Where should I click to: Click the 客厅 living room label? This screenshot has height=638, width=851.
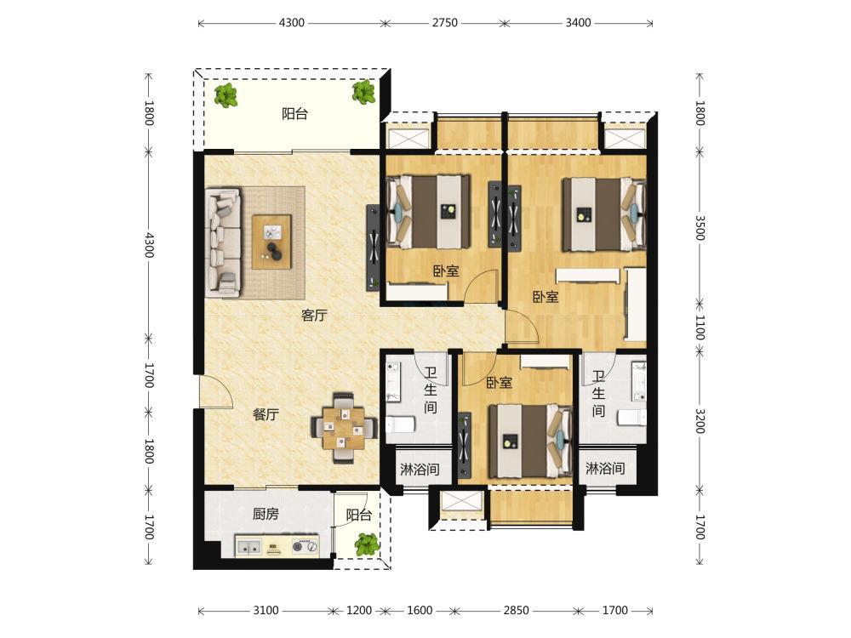pos(314,316)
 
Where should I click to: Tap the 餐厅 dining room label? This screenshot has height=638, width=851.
pos(266,415)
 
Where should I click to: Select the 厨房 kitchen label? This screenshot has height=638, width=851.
pos(266,513)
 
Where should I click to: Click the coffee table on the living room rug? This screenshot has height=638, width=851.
pos(271,242)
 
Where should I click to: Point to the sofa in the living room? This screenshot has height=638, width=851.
pos(223,242)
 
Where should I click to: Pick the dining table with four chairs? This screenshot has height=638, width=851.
pos(344,428)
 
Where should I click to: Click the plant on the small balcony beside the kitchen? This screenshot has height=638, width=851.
pos(366,544)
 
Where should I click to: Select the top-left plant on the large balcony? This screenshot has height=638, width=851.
pos(226,96)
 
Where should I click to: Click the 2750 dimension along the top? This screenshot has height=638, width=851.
pos(444,23)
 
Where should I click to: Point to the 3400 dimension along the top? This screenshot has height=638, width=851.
pos(578,23)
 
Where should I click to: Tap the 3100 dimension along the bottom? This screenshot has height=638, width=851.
pos(266,610)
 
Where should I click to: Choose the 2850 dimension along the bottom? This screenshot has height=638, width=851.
pos(516,610)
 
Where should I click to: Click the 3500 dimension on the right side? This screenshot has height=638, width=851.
pos(700,228)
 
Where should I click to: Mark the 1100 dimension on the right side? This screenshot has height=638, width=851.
pos(700,328)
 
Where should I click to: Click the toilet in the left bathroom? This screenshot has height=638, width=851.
pos(400,424)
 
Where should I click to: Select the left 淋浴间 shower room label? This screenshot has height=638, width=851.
pos(420,469)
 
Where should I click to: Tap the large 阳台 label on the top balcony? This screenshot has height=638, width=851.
pos(294,114)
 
